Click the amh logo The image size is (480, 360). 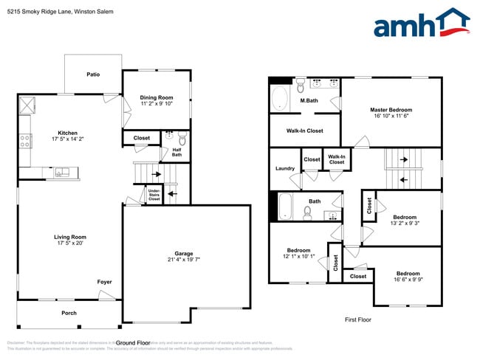pyautogui.click(x=421, y=24)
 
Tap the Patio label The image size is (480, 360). pyautogui.click(x=93, y=75)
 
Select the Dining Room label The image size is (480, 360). pyautogui.click(x=156, y=98)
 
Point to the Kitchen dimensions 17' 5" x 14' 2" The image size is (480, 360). pyautogui.click(x=68, y=139)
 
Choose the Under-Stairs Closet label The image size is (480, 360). pyautogui.click(x=154, y=195)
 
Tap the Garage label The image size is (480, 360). pyautogui.click(x=184, y=254)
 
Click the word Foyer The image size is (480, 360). pyautogui.click(x=104, y=282)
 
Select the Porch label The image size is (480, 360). pyautogui.click(x=69, y=313)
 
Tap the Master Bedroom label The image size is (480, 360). pyautogui.click(x=391, y=110)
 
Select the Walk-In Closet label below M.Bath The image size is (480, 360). pyautogui.click(x=304, y=131)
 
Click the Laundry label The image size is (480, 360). pyautogui.click(x=284, y=168)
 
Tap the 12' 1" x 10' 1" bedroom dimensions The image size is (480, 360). pyautogui.click(x=298, y=257)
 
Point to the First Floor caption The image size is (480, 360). pyautogui.click(x=358, y=319)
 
